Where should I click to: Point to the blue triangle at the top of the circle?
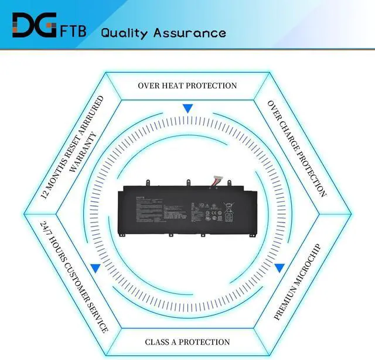[x=187, y=108]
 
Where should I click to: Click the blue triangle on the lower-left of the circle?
[x=94, y=268]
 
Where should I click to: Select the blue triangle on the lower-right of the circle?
[x=279, y=268]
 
